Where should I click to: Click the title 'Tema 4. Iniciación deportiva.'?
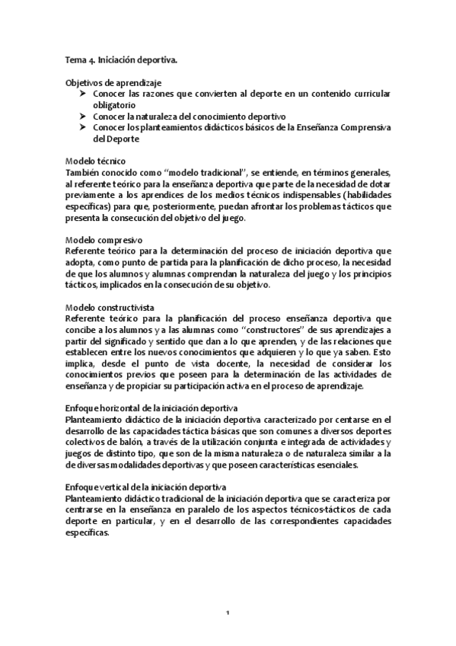pos(122,59)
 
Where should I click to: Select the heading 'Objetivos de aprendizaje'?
pos(113,82)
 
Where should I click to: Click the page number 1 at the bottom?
pos(228,614)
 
